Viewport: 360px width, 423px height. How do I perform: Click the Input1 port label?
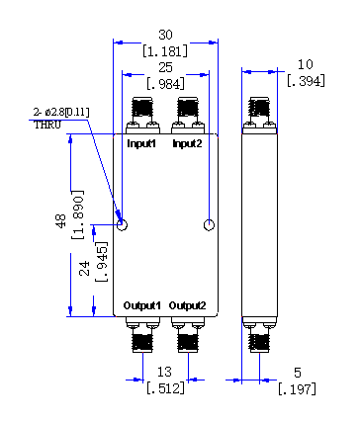click(x=141, y=144)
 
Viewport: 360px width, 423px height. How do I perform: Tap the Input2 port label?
click(x=187, y=144)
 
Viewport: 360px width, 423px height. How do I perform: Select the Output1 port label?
click(x=141, y=305)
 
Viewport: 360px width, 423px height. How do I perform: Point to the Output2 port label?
click(x=187, y=305)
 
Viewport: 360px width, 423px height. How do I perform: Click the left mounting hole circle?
click(x=122, y=225)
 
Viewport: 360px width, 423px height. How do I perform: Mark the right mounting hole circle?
click(x=209, y=225)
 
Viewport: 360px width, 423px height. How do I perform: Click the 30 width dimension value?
click(x=165, y=35)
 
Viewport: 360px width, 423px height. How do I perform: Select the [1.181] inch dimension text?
click(x=165, y=51)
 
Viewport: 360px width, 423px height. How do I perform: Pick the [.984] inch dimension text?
click(x=165, y=84)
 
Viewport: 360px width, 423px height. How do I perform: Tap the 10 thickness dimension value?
click(x=305, y=64)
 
